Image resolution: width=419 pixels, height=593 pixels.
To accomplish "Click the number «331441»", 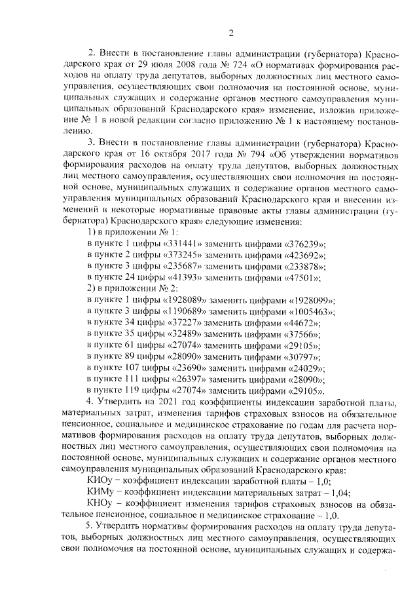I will click(x=174, y=242).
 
